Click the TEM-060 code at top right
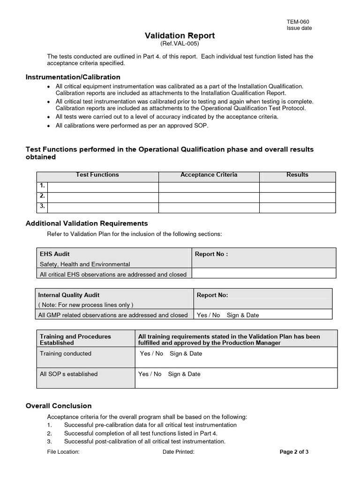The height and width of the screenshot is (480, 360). coord(298,22)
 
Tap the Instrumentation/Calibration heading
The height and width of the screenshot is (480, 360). coord(73,77)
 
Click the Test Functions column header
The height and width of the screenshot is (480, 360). coord(97,175)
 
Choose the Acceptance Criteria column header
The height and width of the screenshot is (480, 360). coord(209,175)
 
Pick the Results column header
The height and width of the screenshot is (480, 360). coord(297,175)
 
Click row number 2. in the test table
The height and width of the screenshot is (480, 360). coord(42,196)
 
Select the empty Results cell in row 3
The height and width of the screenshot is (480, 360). coord(297,207)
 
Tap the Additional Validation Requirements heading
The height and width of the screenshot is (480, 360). coord(86,223)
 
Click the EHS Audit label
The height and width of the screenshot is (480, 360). coord(55,254)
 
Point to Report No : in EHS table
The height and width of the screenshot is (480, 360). coord(211,254)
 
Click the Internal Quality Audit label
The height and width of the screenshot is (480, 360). coord(68,295)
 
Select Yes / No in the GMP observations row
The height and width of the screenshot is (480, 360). coord(208,315)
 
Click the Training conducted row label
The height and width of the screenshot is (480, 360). coord(66,353)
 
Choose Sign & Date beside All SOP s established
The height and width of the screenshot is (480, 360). coord(184,374)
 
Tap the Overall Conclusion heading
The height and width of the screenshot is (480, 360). coord(59,406)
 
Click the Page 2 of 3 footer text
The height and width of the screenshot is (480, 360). coord(294,452)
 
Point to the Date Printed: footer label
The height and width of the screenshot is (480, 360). coord(178,452)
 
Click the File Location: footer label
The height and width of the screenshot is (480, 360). coord(63,452)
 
